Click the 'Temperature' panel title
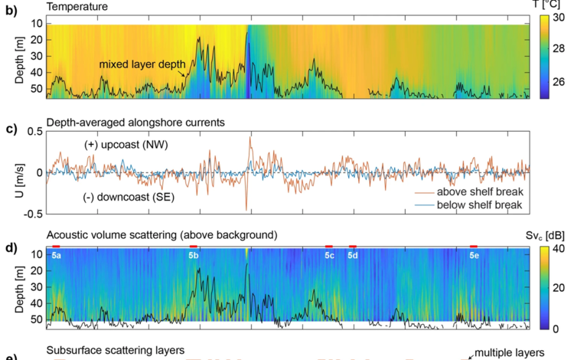77,7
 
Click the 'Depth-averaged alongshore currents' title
135,121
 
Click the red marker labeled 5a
56,246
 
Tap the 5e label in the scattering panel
474,254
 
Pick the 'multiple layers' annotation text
510,352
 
